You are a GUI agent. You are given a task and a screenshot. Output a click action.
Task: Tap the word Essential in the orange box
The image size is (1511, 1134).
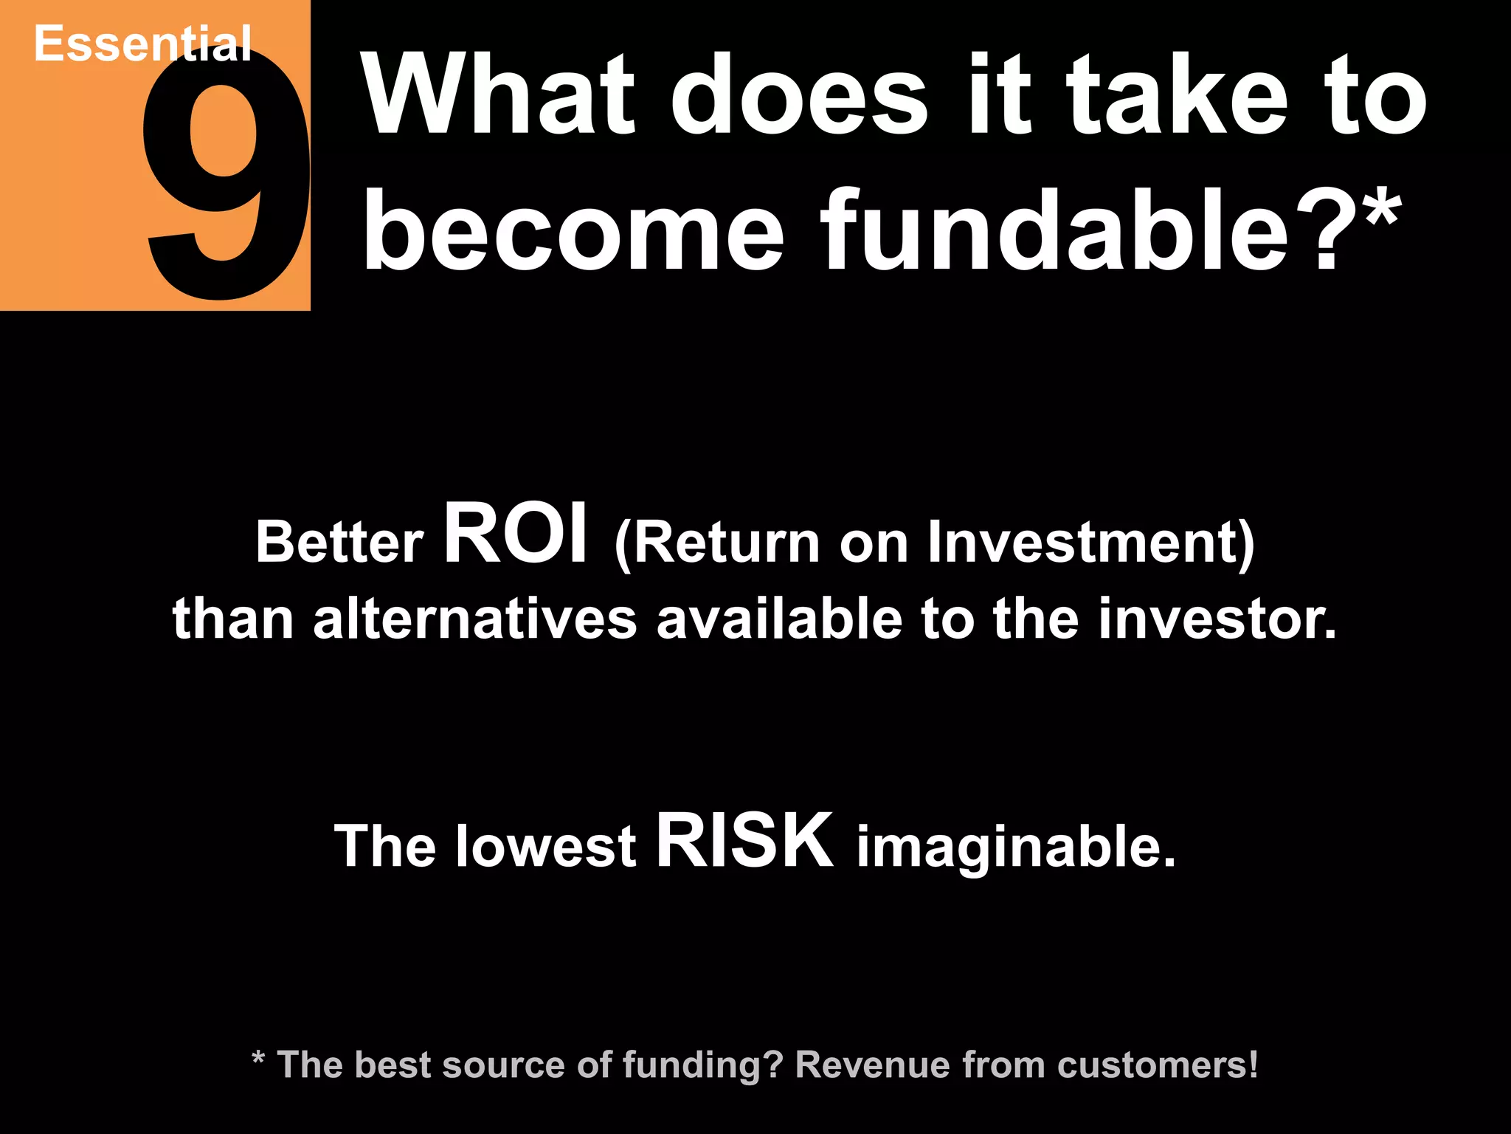(x=142, y=44)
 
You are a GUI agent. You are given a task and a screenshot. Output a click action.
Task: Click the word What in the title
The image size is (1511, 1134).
(x=498, y=96)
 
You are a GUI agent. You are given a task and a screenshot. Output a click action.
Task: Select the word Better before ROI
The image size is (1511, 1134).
(x=339, y=543)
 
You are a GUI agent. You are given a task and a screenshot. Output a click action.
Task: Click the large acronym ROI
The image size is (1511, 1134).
(x=516, y=533)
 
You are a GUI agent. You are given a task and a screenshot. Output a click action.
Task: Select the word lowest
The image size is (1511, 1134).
(x=545, y=846)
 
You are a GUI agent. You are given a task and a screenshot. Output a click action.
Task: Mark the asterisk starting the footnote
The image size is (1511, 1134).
(x=258, y=1060)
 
